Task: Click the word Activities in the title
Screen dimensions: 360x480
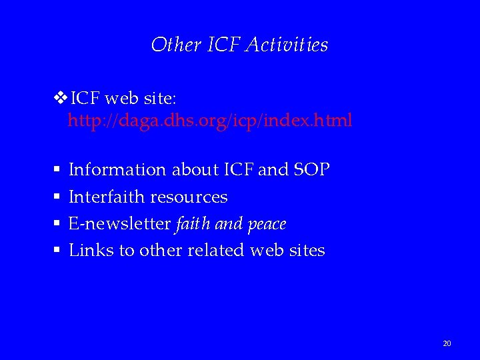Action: click(x=287, y=45)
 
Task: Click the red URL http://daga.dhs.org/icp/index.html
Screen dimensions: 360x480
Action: click(x=210, y=121)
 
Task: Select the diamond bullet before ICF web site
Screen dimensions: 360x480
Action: click(x=59, y=99)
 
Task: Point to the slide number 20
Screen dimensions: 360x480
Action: click(x=447, y=343)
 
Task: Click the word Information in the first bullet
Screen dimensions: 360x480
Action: click(x=118, y=170)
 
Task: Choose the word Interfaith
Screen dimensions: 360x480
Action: click(x=107, y=197)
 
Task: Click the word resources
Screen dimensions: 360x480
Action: click(x=189, y=197)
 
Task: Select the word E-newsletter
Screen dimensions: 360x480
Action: click(x=119, y=224)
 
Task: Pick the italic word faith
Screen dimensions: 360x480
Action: click(x=193, y=224)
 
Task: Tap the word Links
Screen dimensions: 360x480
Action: click(x=91, y=251)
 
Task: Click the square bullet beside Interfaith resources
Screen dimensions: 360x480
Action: click(x=58, y=197)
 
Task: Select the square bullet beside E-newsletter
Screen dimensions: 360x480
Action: click(x=58, y=224)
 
